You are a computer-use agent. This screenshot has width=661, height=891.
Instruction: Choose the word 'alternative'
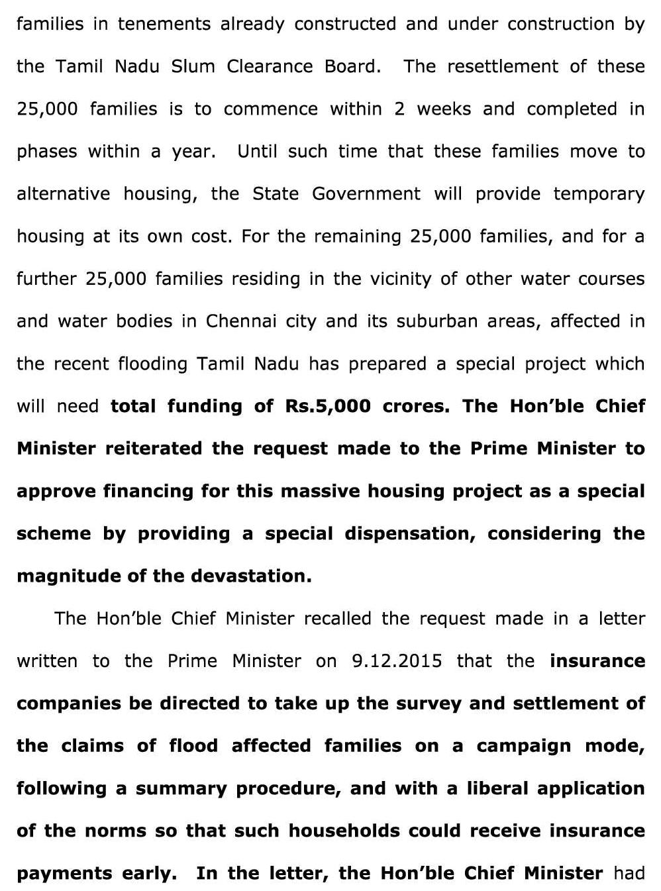coord(63,194)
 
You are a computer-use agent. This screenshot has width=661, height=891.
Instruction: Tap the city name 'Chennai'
coord(241,321)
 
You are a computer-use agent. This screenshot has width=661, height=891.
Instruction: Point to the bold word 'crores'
coord(416,406)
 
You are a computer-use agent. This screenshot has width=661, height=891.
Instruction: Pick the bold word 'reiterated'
coord(154,448)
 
